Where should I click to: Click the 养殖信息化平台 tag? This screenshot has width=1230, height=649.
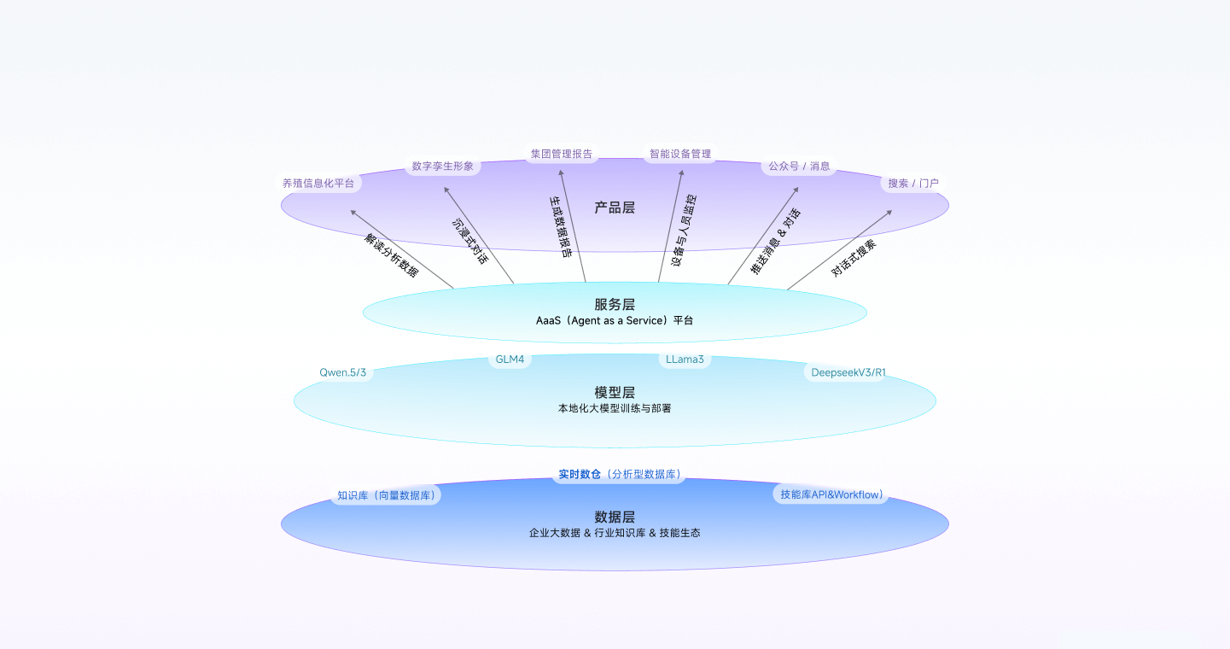[318, 183]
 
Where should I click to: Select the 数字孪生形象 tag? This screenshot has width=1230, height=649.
[442, 166]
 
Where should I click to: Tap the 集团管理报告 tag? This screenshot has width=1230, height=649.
[561, 154]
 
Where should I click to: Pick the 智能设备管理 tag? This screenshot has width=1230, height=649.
[679, 154]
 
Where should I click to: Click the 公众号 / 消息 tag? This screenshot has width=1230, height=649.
[799, 166]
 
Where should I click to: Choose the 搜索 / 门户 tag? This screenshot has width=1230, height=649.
[912, 183]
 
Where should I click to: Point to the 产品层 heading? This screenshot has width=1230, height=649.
[615, 208]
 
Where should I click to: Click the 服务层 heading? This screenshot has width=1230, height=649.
[615, 304]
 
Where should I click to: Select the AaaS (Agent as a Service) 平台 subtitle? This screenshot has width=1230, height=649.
[615, 321]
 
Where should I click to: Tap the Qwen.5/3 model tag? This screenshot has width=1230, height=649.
[343, 372]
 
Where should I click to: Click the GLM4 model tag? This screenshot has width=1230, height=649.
[510, 360]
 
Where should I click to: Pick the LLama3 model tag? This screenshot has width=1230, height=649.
[685, 360]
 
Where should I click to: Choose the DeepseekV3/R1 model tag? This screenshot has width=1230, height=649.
[848, 372]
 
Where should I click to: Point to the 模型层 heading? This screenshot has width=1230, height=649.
[615, 393]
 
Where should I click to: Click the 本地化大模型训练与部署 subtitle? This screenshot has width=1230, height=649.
[615, 409]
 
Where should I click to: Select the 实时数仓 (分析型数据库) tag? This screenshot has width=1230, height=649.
[619, 474]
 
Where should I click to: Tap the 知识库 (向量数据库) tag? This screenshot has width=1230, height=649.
[386, 494]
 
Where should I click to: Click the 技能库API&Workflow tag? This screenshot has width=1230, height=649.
[831, 494]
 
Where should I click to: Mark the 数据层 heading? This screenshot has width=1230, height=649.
[615, 517]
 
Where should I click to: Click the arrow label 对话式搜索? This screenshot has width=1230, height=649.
[853, 258]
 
